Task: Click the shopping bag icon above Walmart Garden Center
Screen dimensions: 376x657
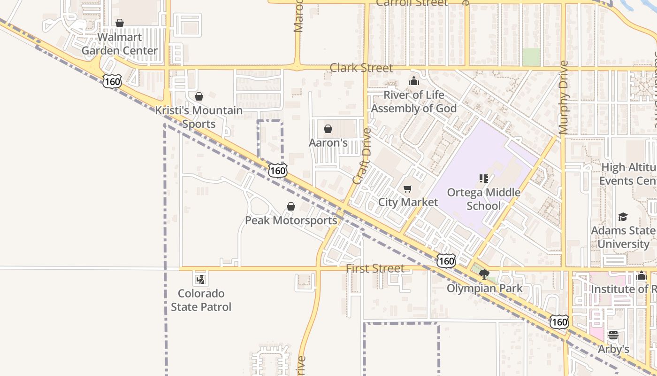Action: pos(120,23)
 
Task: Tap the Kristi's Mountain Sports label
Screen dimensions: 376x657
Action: pos(199,117)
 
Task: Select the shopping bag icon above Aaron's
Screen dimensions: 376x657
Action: pos(328,129)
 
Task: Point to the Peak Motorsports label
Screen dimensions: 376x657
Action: pos(291,220)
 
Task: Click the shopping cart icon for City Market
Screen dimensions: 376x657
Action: pos(408,188)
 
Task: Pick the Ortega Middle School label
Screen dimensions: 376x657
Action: pos(483,199)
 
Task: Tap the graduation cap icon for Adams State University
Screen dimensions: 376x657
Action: pos(623,217)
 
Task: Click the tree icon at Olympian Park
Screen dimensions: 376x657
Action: pos(484,274)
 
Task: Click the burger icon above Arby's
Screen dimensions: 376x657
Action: pos(613,336)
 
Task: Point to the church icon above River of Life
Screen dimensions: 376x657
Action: pos(413,81)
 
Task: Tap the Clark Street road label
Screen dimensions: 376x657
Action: pos(361,68)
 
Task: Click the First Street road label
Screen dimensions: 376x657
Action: pos(375,268)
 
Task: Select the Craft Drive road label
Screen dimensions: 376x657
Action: pos(361,156)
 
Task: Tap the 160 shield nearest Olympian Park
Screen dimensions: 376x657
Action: pos(446,261)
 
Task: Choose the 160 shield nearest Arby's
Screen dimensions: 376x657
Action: pos(559,322)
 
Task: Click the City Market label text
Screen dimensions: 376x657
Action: pos(408,202)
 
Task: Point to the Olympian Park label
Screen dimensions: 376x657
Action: pos(484,288)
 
